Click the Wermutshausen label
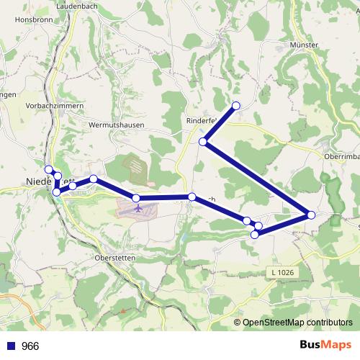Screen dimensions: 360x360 click(116, 125)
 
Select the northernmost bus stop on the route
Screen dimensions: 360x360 click(235, 106)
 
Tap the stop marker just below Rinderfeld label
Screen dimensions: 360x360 click(204, 142)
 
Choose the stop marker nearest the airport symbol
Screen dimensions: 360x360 click(136, 197)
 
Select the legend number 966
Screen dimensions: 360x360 click(30, 346)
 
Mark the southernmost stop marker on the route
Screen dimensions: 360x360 click(254, 234)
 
